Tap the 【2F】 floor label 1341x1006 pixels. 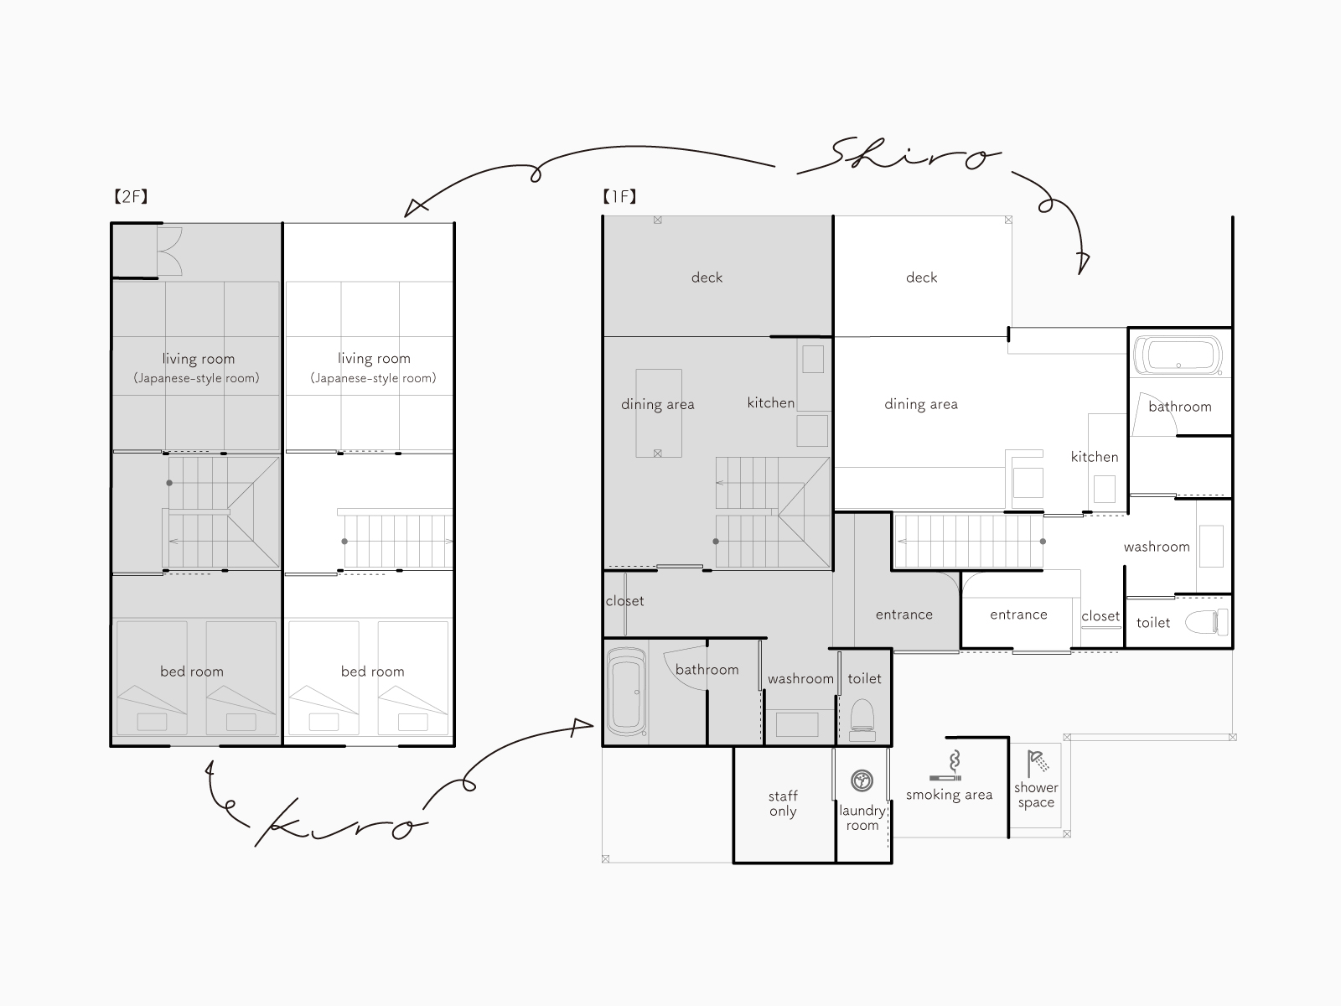132,196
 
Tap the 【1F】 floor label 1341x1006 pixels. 619,196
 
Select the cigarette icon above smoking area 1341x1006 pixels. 946,766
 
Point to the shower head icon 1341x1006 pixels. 1038,763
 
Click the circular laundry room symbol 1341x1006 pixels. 862,780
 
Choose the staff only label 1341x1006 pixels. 783,803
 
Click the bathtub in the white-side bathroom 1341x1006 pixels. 1178,355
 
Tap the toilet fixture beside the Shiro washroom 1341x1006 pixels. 1207,622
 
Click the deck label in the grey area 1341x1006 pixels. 707,277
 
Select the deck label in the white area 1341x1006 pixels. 921,277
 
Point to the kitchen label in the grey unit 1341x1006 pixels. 771,402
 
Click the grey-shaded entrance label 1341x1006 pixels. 904,614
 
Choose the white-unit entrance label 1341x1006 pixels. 1018,614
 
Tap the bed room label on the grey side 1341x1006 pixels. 192,672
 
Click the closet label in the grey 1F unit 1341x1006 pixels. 625,601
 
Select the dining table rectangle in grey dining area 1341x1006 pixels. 659,413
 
